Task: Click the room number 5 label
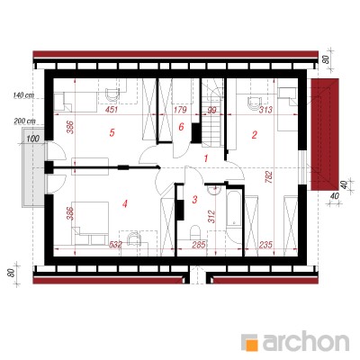click(112, 132)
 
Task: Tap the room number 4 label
click(125, 204)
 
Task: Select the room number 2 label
click(254, 135)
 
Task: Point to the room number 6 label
click(181, 127)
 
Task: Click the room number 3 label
click(194, 199)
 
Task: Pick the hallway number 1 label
click(206, 158)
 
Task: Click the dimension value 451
click(112, 110)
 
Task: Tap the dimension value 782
click(268, 177)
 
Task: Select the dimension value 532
click(114, 245)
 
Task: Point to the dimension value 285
click(199, 245)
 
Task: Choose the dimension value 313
click(265, 110)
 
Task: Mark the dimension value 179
click(180, 110)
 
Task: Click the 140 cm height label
click(23, 95)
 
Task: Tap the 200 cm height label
click(24, 121)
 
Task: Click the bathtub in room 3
click(234, 215)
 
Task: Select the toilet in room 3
click(195, 232)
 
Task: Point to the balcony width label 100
click(32, 139)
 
